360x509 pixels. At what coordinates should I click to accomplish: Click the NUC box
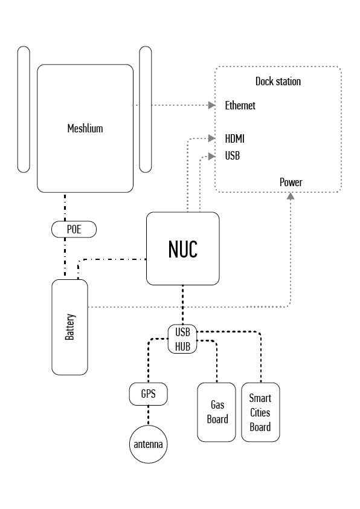click(182, 248)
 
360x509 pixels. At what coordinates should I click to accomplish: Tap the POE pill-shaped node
click(74, 229)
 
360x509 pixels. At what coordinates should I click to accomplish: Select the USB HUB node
click(182, 339)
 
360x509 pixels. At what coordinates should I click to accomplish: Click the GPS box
click(148, 394)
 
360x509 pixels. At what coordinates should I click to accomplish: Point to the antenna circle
click(148, 444)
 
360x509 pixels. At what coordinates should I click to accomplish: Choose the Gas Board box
click(217, 412)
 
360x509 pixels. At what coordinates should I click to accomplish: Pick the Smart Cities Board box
click(260, 412)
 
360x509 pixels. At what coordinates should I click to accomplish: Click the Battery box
click(69, 327)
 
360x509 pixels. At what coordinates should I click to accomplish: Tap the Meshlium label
click(85, 129)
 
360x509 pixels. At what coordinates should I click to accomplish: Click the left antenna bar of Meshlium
click(24, 109)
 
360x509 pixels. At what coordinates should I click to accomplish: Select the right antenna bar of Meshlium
click(146, 109)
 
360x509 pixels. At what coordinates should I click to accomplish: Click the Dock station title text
click(278, 81)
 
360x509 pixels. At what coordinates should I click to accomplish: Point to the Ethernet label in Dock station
click(240, 105)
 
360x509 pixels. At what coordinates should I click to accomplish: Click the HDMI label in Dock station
click(234, 138)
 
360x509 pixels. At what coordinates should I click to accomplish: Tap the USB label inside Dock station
click(232, 155)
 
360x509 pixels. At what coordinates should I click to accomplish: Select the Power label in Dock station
click(291, 182)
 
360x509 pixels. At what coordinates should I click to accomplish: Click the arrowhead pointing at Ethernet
click(212, 105)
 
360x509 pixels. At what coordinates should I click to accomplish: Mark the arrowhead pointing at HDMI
click(212, 138)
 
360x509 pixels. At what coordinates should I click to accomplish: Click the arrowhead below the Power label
click(291, 196)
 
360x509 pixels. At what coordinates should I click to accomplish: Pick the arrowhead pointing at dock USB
click(212, 157)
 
